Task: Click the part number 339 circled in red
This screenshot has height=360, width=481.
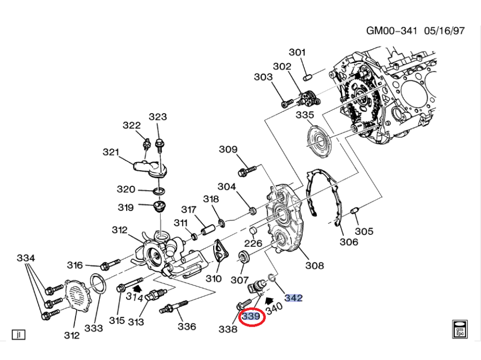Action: [x=251, y=317]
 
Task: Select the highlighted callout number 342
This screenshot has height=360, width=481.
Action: [x=293, y=298]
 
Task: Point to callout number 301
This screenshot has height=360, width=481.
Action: [x=298, y=52]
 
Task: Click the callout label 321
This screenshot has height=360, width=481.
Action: [x=111, y=152]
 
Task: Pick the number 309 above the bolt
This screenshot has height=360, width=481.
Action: [x=228, y=149]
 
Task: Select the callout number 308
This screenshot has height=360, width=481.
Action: [x=314, y=265]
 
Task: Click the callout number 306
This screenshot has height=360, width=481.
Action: [x=349, y=242]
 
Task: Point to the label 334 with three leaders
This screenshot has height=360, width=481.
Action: [x=26, y=258]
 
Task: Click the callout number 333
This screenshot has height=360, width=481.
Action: [x=93, y=328]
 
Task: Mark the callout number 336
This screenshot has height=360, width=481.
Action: [x=187, y=326]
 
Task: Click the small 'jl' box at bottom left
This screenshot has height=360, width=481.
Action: [x=18, y=334]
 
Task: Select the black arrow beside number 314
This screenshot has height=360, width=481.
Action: [x=138, y=288]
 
